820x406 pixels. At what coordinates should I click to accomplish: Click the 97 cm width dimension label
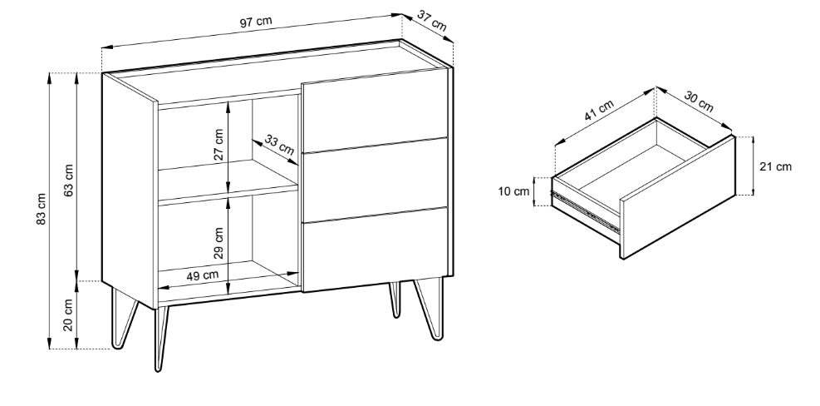tap(256, 22)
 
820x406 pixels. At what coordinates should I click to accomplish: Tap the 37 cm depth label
tap(432, 21)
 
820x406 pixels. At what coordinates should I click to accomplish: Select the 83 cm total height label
tap(42, 209)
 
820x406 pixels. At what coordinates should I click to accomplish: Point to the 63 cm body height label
tap(68, 180)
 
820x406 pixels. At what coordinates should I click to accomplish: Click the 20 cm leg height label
tap(68, 314)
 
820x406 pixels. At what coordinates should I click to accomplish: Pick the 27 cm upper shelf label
tap(219, 145)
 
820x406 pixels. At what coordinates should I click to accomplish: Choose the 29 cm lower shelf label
tap(219, 243)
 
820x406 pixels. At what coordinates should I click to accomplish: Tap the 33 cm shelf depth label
tap(279, 145)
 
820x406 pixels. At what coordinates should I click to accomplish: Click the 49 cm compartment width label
tap(203, 275)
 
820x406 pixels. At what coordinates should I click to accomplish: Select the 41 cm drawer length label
tap(599, 111)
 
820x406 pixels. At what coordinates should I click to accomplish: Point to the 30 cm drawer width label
tap(699, 101)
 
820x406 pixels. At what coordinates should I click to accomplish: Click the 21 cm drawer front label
tap(775, 166)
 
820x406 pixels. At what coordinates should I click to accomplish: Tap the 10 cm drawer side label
tap(513, 191)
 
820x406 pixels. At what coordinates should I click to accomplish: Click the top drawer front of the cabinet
tap(375, 110)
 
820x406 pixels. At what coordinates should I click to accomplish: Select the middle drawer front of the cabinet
tap(375, 180)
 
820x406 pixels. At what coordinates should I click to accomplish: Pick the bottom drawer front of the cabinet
tap(375, 250)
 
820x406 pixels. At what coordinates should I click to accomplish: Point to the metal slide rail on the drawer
tap(586, 212)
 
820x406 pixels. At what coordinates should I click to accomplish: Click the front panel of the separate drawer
tap(678, 197)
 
